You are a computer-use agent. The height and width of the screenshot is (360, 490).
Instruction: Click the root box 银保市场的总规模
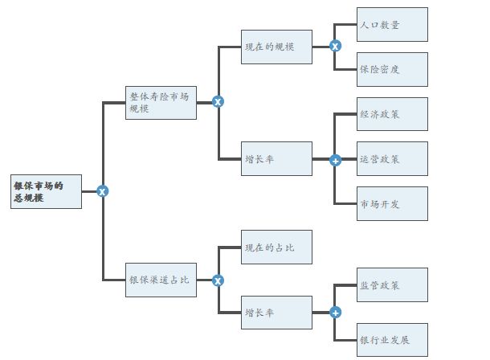click(46, 191)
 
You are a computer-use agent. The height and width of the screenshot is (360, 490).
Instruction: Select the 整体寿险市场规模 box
click(161, 102)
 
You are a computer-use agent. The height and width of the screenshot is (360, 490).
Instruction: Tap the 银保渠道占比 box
click(161, 280)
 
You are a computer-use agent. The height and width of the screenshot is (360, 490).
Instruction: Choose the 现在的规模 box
click(276, 47)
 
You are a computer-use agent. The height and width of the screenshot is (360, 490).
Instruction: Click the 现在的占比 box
click(276, 247)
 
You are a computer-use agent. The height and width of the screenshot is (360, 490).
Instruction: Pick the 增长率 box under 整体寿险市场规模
click(276, 158)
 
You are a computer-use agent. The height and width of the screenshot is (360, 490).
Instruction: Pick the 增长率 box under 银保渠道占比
click(276, 313)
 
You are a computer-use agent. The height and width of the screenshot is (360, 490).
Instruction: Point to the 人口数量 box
click(392, 24)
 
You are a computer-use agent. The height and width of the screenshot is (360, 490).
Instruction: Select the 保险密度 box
click(392, 69)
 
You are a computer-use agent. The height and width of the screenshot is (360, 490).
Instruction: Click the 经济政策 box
click(392, 114)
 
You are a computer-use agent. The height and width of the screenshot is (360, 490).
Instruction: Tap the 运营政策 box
click(392, 158)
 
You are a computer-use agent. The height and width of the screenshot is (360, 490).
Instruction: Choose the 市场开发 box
click(392, 203)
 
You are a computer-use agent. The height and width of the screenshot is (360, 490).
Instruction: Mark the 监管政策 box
click(392, 284)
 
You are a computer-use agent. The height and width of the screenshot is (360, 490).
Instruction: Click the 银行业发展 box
click(392, 339)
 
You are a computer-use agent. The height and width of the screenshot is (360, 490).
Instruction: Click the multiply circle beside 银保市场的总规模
click(102, 191)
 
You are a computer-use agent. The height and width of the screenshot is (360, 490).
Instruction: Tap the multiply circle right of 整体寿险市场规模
click(218, 102)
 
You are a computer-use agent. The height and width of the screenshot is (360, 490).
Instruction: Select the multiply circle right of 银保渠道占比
click(218, 280)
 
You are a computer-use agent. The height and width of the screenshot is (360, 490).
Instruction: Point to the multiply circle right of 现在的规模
click(335, 47)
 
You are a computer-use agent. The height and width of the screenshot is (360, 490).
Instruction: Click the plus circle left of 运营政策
click(335, 160)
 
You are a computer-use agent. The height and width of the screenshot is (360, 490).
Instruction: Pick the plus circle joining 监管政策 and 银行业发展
click(335, 313)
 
